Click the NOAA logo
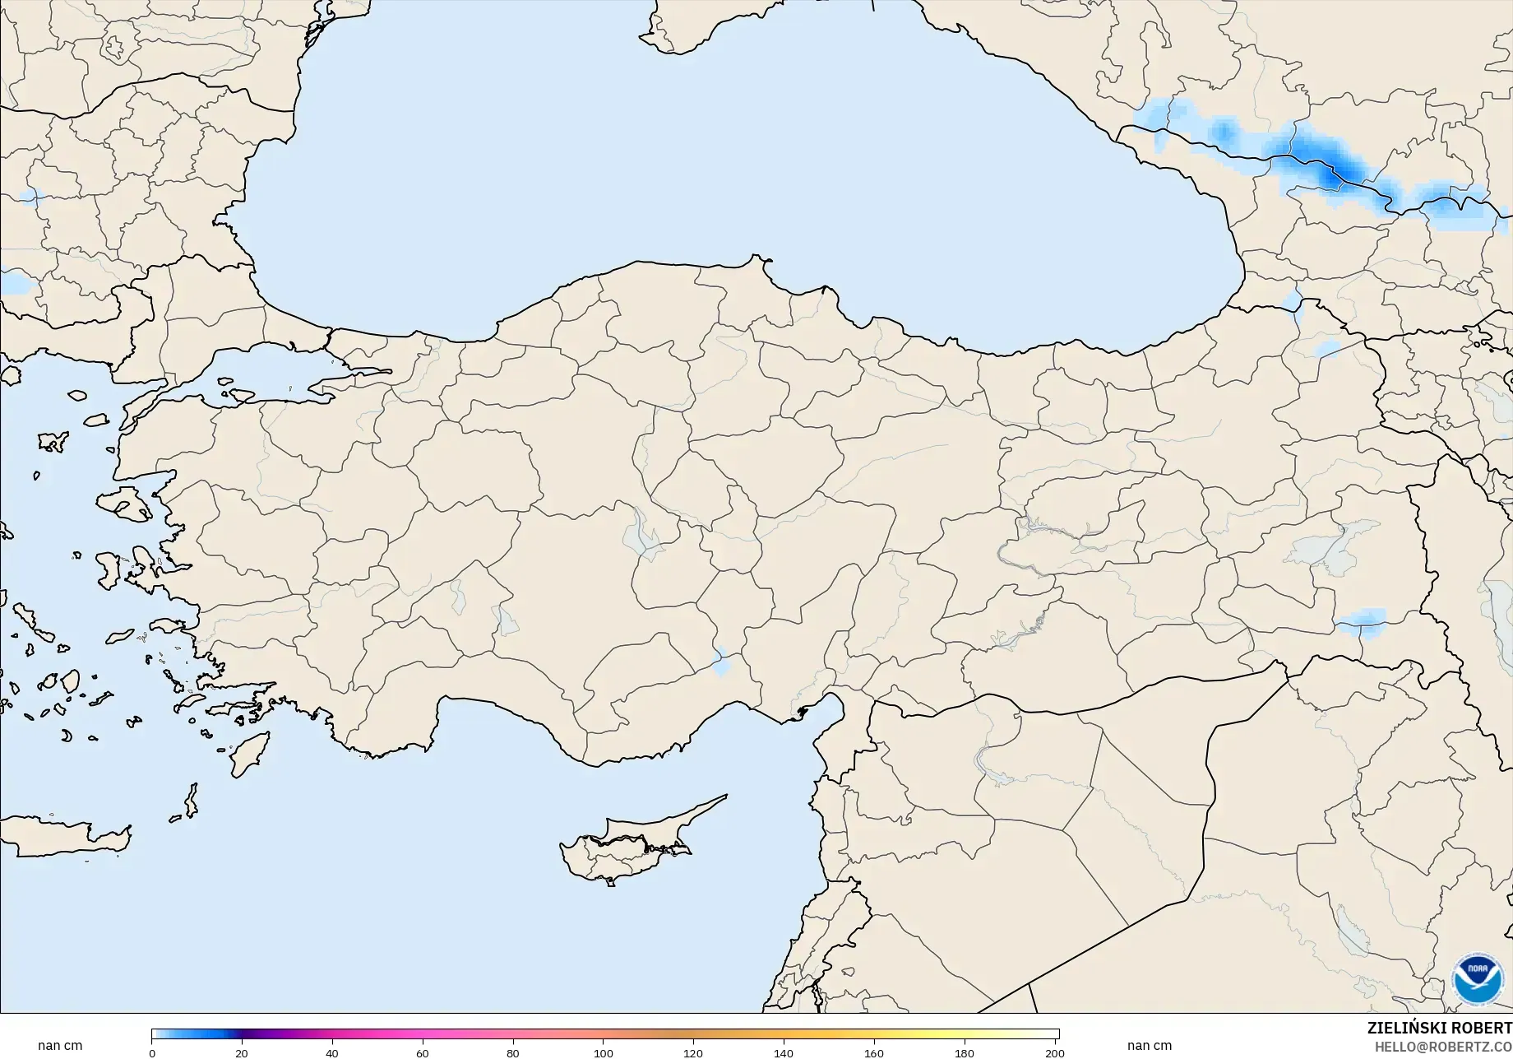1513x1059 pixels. [x=1477, y=979]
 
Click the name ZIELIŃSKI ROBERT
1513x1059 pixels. [x=1439, y=1028]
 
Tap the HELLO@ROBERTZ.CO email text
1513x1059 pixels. [x=1444, y=1046]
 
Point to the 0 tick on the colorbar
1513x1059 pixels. [x=152, y=1052]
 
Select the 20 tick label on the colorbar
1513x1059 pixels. [x=242, y=1052]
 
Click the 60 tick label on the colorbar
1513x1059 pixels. [x=423, y=1052]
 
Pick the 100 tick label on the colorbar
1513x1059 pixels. [x=603, y=1052]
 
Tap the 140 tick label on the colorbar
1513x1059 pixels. [x=784, y=1052]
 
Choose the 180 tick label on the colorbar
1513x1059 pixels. [x=965, y=1052]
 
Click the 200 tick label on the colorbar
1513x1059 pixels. [x=1054, y=1052]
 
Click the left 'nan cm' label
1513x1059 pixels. [x=60, y=1046]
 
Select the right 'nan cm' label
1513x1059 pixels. [x=1149, y=1046]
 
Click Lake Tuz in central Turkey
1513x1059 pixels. [x=641, y=535]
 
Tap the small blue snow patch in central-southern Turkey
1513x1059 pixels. [x=721, y=662]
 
